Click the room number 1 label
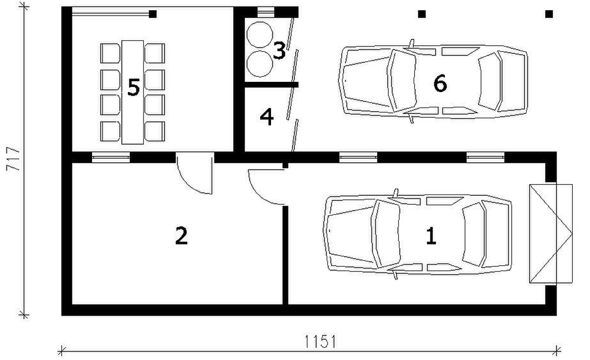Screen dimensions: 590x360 pos(431,236)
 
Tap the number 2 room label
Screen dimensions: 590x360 pos(182,236)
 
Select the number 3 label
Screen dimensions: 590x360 pos(279,51)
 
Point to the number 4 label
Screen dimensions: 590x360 pos(267,117)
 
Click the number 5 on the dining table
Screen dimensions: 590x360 pos(134,88)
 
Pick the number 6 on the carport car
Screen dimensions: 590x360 pos(440,83)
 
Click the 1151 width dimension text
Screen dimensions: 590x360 pos(320,342)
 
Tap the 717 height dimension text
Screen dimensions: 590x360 pos(13,159)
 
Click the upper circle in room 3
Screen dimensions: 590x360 pos(260,35)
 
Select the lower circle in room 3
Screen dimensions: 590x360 pos(260,64)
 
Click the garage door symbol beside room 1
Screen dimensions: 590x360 pos(551,233)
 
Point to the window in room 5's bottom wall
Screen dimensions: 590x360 pos(111,157)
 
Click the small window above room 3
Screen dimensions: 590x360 pos(266,12)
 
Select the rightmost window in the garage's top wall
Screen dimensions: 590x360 pos(485,157)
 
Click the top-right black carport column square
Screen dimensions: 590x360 pos(549,14)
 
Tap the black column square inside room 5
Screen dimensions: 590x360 pos(153,14)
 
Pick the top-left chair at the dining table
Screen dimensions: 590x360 pos(110,54)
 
